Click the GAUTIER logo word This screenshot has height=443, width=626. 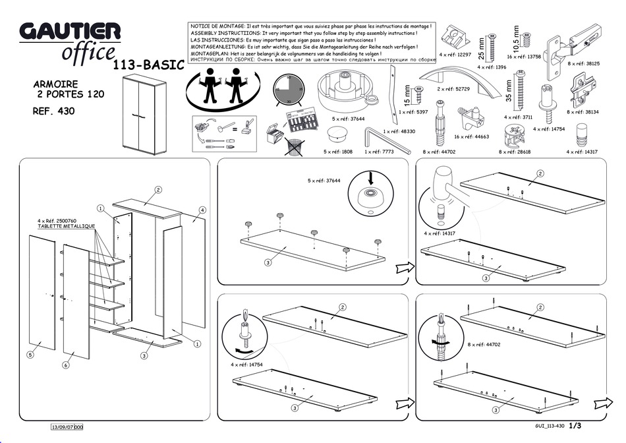(x=70, y=31)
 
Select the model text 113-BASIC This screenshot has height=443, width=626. (x=148, y=65)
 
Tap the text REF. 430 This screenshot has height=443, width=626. (x=53, y=111)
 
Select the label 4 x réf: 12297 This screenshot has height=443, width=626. (x=455, y=55)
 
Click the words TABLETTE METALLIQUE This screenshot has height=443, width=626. (x=67, y=226)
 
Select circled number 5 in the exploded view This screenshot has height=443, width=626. (x=30, y=355)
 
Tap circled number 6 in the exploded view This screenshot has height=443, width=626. (x=66, y=365)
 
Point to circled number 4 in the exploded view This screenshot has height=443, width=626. (x=202, y=210)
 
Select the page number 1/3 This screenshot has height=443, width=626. (x=575, y=426)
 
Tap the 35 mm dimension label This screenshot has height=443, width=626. (x=509, y=88)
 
